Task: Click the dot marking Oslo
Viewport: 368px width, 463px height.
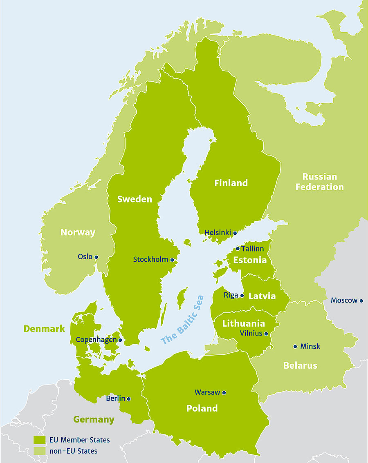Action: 96,257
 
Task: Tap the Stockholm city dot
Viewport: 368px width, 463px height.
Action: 172,260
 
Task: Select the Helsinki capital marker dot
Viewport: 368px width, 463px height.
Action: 235,233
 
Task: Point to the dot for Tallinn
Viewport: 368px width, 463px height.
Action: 238,249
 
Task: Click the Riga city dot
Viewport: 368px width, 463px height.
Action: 242,296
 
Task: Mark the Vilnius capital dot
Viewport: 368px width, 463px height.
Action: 266,334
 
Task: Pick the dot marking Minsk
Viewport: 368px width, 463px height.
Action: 295,347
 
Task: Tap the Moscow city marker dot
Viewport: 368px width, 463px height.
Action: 361,301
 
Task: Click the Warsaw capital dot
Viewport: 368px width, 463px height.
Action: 224,393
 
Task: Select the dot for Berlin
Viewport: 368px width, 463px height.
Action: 129,399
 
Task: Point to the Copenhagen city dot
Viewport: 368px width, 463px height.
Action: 120,340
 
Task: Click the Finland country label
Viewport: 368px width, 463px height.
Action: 231,183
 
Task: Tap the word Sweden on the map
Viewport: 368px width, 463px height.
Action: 135,199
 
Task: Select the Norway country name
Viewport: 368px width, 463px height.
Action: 78,232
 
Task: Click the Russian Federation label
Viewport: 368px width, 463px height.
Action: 320,182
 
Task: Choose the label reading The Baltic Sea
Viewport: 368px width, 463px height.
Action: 182,320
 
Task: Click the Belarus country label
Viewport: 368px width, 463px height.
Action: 300,365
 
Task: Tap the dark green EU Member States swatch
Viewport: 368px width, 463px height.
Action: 39,440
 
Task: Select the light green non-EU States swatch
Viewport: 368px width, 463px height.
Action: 39,451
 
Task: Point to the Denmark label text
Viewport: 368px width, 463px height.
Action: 44,329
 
